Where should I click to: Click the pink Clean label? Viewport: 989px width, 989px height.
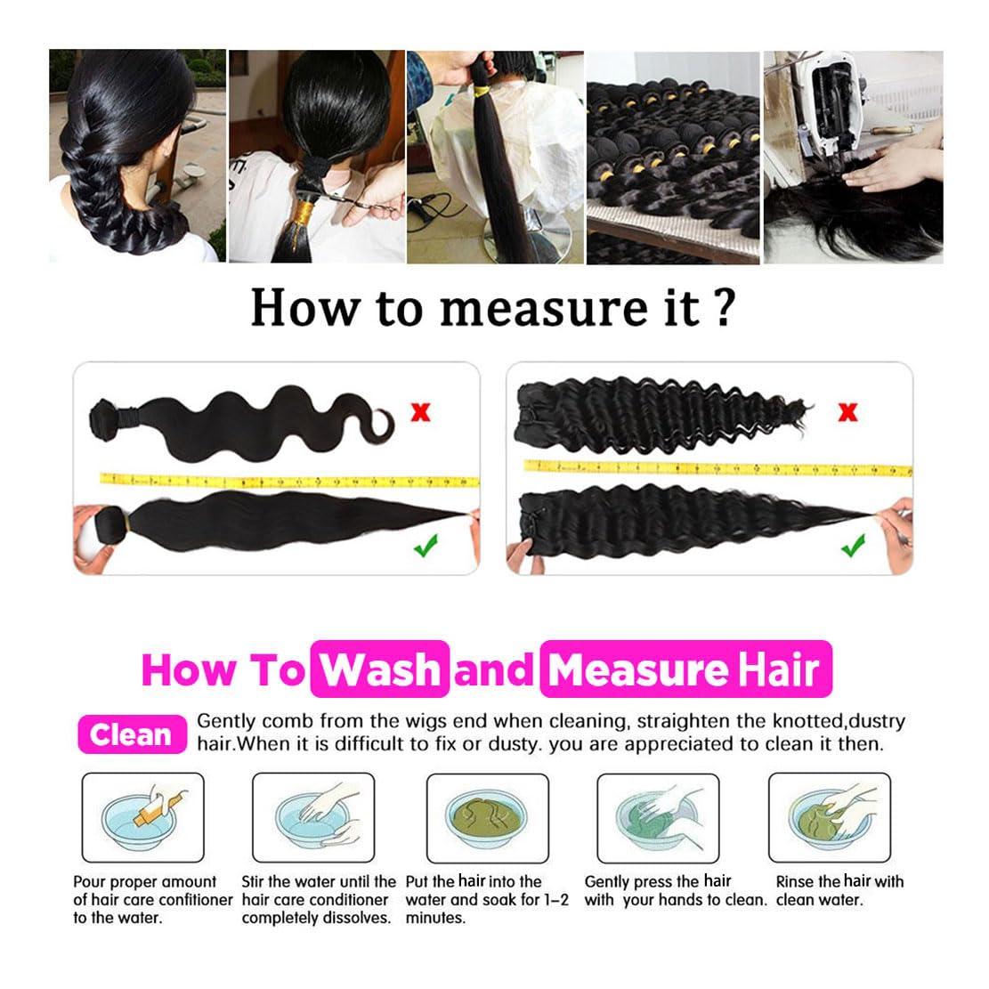pyautogui.click(x=132, y=734)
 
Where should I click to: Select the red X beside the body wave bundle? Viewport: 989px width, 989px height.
pyautogui.click(x=419, y=411)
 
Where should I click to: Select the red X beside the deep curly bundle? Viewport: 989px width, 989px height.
pyautogui.click(x=848, y=411)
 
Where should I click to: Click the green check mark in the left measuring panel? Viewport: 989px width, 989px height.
pyautogui.click(x=426, y=545)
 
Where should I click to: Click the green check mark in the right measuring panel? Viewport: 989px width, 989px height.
pyautogui.click(x=853, y=545)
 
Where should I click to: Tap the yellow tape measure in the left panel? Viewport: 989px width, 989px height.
pyautogui.click(x=285, y=481)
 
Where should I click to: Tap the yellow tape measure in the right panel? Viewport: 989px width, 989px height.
pyautogui.click(x=712, y=467)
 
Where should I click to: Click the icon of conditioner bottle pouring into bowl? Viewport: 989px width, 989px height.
pyautogui.click(x=142, y=817)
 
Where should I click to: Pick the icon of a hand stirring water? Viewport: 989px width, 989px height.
pyautogui.click(x=313, y=817)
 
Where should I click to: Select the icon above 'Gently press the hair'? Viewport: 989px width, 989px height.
pyautogui.click(x=657, y=817)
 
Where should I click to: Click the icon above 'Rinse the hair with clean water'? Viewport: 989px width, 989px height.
pyautogui.click(x=829, y=817)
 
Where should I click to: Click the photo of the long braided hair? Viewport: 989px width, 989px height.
pyautogui.click(x=136, y=156)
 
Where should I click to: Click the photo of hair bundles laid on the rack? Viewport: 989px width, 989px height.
pyautogui.click(x=673, y=156)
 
